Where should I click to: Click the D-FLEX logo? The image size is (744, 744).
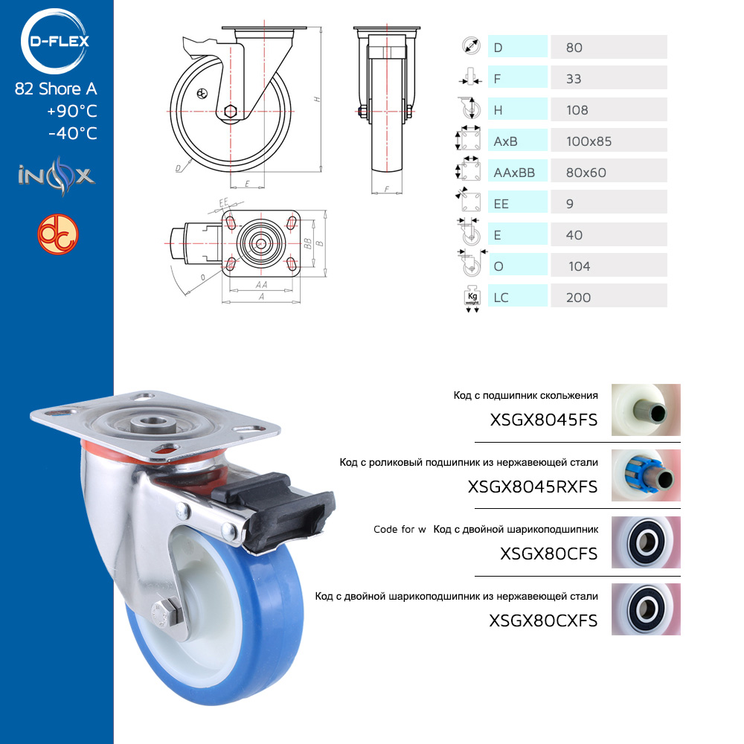(55, 41)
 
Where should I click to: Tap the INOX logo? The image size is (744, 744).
(57, 176)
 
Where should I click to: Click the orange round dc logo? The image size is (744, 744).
(58, 234)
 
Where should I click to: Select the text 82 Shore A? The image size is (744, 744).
(56, 89)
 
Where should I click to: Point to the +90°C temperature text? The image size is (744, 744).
(71, 111)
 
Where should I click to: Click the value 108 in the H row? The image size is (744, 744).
(577, 110)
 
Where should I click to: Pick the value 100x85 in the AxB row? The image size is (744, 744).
(589, 141)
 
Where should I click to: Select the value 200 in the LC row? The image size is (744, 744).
(578, 298)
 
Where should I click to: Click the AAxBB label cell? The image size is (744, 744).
(518, 172)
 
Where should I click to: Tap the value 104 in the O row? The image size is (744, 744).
(579, 266)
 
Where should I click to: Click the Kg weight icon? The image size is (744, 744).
(472, 299)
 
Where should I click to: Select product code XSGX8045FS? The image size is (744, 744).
(543, 420)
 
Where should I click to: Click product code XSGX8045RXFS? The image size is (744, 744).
(533, 487)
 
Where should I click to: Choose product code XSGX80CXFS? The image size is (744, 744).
(543, 620)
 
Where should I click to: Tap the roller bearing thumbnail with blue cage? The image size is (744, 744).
(646, 475)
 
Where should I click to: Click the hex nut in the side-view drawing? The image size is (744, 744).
(230, 112)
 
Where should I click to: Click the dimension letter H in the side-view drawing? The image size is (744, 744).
(317, 100)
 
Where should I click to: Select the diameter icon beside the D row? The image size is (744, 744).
(471, 46)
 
